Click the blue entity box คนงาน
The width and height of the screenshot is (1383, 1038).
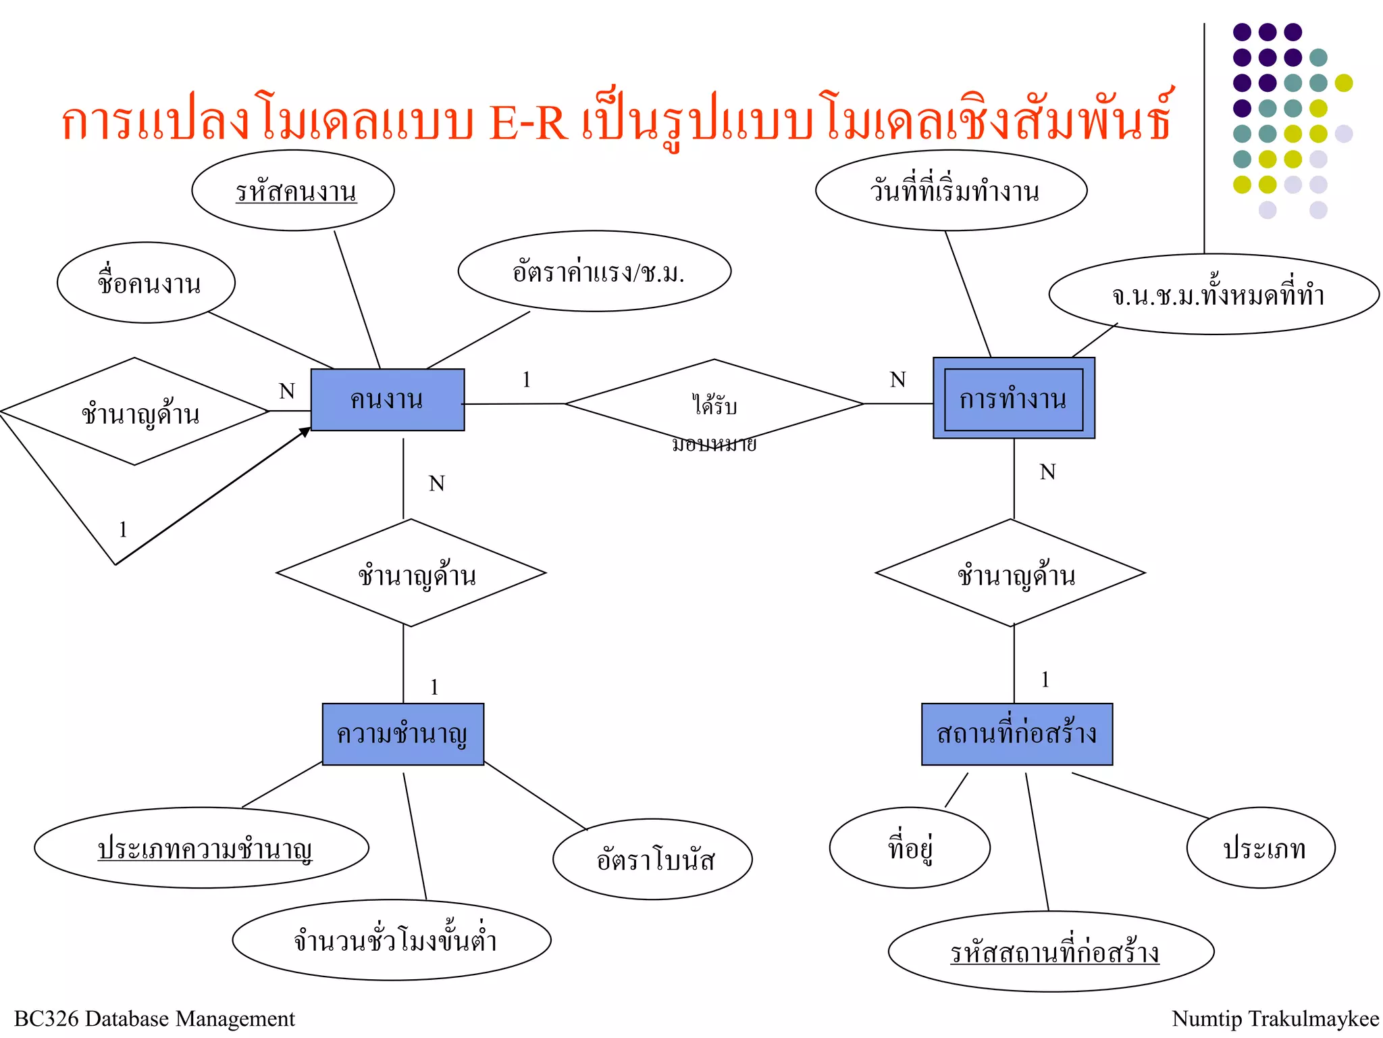point(387,399)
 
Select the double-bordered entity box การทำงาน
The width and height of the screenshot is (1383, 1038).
point(1013,399)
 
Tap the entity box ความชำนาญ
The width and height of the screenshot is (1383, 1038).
point(402,734)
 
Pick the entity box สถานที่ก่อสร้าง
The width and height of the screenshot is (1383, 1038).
point(1016,734)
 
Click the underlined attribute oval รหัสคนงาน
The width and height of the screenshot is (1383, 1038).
point(293,191)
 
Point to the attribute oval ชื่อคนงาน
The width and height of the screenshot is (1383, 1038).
point(147,282)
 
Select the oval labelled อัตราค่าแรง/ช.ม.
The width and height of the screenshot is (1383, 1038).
point(594,272)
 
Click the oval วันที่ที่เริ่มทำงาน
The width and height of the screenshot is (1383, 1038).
point(951,191)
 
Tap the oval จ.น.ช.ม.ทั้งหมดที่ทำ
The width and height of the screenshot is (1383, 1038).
point(1214,295)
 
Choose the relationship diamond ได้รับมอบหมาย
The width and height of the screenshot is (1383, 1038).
point(714,405)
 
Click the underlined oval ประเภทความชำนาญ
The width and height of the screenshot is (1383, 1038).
point(202,847)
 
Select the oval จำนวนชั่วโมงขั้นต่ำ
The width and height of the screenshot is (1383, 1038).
point(392,939)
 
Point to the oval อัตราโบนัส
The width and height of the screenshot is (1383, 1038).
point(652,860)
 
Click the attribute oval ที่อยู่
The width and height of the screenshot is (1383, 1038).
point(910,847)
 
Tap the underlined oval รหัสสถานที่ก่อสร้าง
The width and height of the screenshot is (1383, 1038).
point(1051,951)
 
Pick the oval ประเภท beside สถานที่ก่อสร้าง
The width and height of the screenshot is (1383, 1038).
point(1261,847)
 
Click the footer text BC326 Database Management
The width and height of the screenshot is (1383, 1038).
point(155,1018)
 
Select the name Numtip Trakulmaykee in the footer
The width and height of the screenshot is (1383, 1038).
point(1275,1018)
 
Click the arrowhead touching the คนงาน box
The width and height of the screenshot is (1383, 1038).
point(305,432)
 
